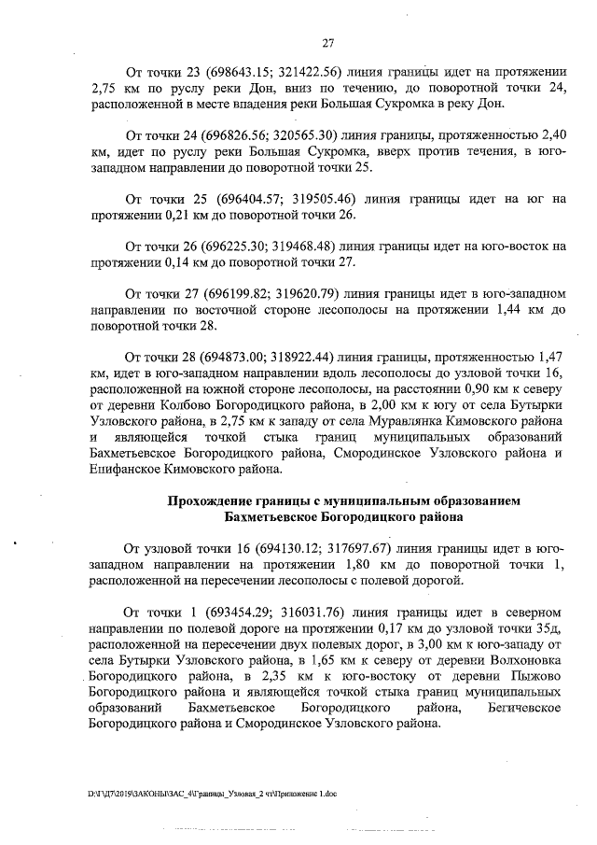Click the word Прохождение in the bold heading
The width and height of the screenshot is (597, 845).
214,501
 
